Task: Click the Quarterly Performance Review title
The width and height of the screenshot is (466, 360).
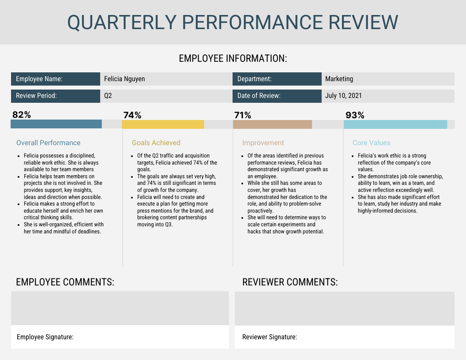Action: click(233, 22)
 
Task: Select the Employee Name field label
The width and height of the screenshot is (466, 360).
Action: click(39, 79)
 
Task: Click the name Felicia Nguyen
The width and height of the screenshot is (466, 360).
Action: click(124, 79)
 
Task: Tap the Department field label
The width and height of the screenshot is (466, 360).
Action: click(254, 79)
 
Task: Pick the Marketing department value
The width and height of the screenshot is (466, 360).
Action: click(339, 79)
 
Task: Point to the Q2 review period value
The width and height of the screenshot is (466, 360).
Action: click(108, 96)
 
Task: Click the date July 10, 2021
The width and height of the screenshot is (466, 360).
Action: click(343, 96)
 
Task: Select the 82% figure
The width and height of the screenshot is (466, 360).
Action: click(22, 115)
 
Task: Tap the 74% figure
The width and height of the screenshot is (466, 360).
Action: click(132, 116)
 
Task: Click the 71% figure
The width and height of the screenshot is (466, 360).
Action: click(242, 116)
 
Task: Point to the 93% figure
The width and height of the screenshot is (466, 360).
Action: click(355, 116)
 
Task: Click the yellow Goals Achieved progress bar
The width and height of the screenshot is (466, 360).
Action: click(163, 124)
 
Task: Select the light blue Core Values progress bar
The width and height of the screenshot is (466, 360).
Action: click(395, 124)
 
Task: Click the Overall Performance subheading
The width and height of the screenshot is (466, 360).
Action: click(49, 143)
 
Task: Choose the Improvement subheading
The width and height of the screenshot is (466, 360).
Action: click(263, 143)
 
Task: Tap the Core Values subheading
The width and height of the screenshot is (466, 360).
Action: click(371, 143)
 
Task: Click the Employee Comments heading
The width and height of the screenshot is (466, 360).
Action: click(65, 282)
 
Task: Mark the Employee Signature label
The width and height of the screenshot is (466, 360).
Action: click(45, 337)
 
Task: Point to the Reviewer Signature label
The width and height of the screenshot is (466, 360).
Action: click(270, 337)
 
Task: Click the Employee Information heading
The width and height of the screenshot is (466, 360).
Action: click(233, 59)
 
